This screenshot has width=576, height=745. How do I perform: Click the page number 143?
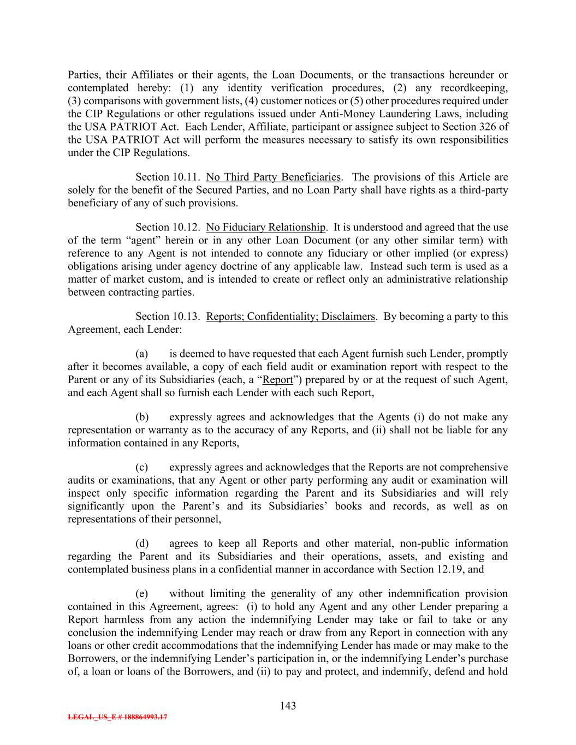coord(288,706)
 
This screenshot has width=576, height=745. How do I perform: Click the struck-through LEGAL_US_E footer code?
coord(117,717)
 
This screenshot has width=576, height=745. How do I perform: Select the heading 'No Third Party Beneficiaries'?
coord(273,177)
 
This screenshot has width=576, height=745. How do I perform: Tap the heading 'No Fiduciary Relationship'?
coord(266,228)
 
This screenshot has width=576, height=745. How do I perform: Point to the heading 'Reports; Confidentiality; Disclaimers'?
coord(290,317)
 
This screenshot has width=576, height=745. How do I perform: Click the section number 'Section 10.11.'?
coord(168,177)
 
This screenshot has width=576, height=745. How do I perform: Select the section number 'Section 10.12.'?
coord(168,228)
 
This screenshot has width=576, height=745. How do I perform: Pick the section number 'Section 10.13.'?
coord(168,317)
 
